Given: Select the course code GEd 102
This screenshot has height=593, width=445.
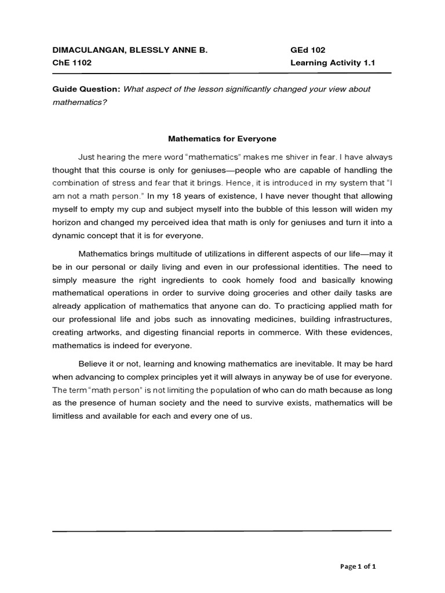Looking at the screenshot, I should (308, 50).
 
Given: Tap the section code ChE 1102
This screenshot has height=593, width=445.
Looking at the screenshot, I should (72, 63).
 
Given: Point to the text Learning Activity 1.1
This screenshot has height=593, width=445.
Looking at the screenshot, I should (333, 63).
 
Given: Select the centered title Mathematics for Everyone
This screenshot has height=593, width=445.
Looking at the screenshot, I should (222, 139).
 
